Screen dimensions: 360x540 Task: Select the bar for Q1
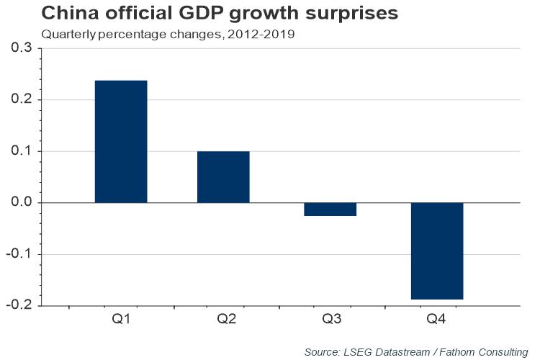click(x=121, y=141)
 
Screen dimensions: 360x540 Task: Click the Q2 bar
click(x=223, y=177)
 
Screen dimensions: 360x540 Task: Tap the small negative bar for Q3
click(x=330, y=210)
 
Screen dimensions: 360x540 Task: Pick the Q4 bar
click(x=437, y=251)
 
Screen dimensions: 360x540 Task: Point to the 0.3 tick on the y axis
click(x=22, y=48)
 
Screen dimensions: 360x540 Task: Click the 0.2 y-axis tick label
click(x=22, y=100)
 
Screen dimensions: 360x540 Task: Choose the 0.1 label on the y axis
click(x=22, y=151)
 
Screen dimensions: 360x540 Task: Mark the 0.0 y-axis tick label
click(x=22, y=203)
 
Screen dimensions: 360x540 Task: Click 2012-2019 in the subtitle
click(x=261, y=34)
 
